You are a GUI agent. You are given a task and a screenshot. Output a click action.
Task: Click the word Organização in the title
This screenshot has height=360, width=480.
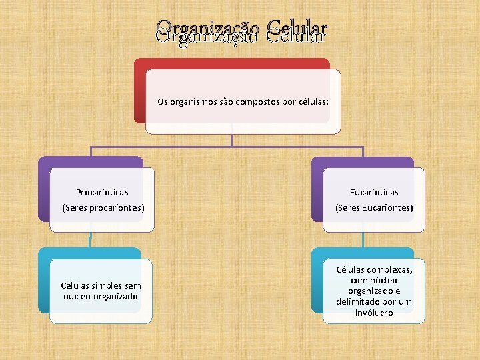tap(208, 31)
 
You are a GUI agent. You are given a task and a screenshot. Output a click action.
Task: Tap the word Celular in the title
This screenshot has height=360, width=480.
tap(297, 31)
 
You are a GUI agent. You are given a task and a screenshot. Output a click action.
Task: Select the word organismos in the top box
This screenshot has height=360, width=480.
tap(193, 103)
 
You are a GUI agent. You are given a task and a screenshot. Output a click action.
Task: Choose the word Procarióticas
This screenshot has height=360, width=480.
tap(102, 192)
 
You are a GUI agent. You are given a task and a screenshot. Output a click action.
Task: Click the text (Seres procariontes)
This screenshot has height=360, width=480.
tap(103, 208)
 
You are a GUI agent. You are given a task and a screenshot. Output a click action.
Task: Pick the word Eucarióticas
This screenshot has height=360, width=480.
tap(374, 192)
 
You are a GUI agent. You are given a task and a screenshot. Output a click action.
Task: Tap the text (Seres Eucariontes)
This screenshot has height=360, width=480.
tap(374, 208)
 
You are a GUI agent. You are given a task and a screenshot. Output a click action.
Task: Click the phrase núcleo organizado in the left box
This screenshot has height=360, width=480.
tap(100, 296)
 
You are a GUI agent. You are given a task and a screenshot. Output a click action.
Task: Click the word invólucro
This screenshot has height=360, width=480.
tap(374, 313)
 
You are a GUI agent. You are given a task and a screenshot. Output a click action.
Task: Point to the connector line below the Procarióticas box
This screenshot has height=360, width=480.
tap(90, 240)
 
